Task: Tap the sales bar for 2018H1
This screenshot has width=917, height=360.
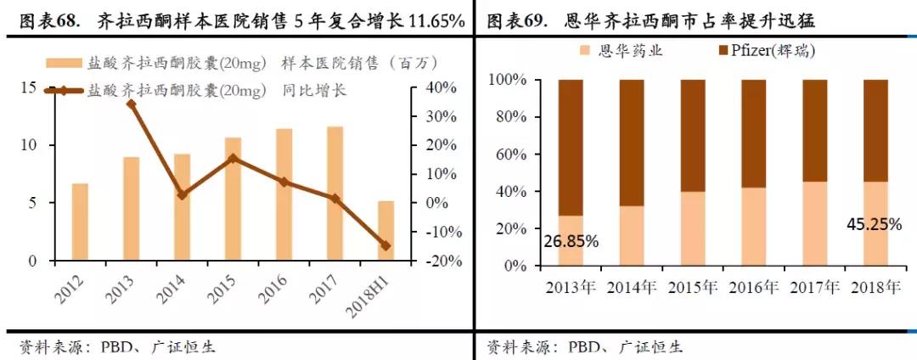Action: coord(386,230)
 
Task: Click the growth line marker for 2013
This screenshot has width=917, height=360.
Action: coord(131,104)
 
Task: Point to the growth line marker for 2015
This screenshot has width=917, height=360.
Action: coord(233,158)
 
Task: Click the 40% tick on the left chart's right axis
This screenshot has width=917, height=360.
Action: coord(439,88)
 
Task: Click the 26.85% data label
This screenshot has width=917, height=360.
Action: coord(571,242)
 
